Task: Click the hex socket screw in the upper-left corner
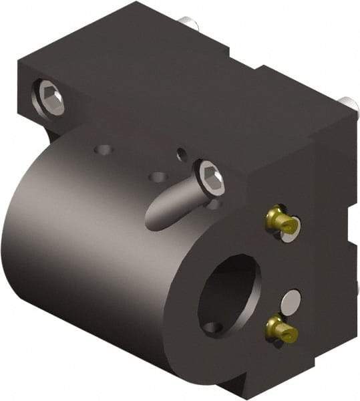51,98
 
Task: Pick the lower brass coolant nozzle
279,327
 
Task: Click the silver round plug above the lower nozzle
292,301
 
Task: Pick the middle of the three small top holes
158,177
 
